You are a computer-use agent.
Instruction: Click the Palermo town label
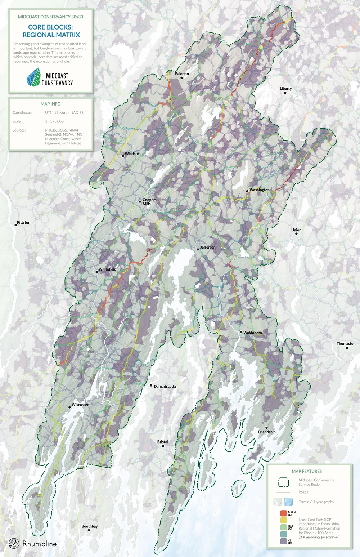coord(182,74)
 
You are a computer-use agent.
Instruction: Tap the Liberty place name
coord(285,89)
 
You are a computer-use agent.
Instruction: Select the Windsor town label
coord(132,154)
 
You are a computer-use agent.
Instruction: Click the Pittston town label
coord(23,223)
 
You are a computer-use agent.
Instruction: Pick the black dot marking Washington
coord(247,191)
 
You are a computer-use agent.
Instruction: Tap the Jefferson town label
coord(208,248)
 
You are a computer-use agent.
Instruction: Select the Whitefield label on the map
coord(107,269)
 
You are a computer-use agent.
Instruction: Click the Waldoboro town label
coord(252,333)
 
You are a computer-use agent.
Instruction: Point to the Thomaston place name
coord(346,344)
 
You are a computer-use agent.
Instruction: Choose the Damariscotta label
coord(165,387)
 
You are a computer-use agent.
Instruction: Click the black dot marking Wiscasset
coord(69,407)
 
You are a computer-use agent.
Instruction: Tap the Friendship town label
coord(267,432)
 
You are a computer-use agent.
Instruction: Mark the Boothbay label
coord(90,526)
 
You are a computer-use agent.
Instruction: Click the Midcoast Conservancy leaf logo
coord(33,77)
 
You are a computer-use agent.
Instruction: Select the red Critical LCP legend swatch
coord(283,513)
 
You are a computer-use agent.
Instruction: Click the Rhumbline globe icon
coord(14,543)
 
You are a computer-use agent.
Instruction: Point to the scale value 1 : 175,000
coord(54,121)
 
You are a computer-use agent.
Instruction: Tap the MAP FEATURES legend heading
coord(307,471)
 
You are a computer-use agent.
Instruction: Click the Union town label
coord(296,230)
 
